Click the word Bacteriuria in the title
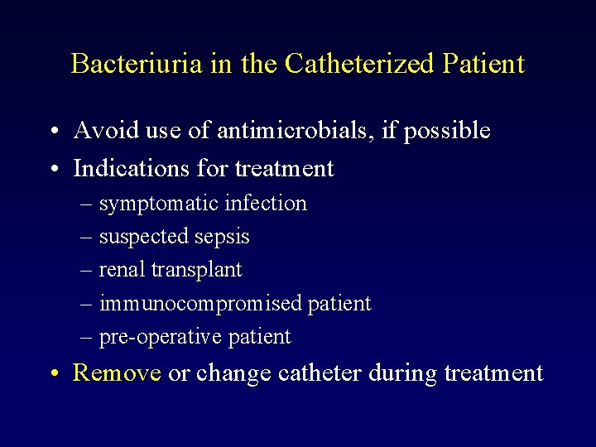tap(137, 64)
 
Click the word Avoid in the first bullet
tap(100, 130)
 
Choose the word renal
tap(118, 270)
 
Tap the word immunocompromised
tap(200, 304)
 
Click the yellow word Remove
tap(117, 373)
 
